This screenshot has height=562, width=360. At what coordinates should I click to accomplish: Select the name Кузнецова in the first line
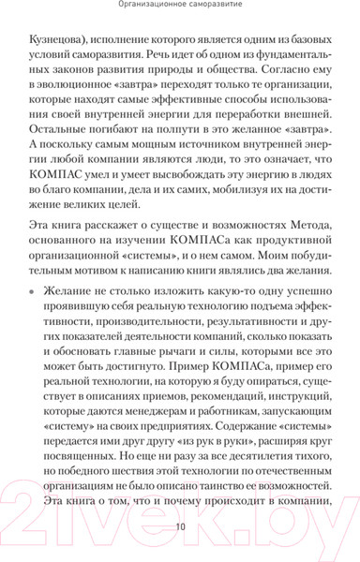click(60, 43)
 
